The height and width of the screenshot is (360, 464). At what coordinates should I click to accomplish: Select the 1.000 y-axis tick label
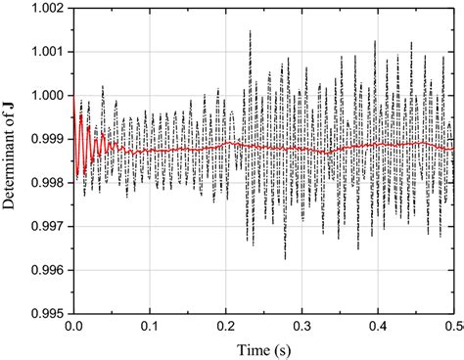click(45, 95)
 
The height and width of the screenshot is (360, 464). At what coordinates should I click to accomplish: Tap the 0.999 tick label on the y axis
click(45, 139)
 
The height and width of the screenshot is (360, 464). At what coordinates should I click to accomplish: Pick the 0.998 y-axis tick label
click(45, 183)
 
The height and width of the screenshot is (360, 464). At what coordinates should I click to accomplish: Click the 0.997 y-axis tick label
click(45, 226)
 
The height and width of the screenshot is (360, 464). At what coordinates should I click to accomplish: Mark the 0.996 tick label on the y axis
click(45, 270)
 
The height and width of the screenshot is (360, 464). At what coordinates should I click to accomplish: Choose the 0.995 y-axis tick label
click(45, 314)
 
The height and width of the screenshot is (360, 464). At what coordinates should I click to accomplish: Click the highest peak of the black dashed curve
click(251, 31)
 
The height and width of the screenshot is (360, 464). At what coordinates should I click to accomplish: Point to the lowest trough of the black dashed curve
click(286, 258)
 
